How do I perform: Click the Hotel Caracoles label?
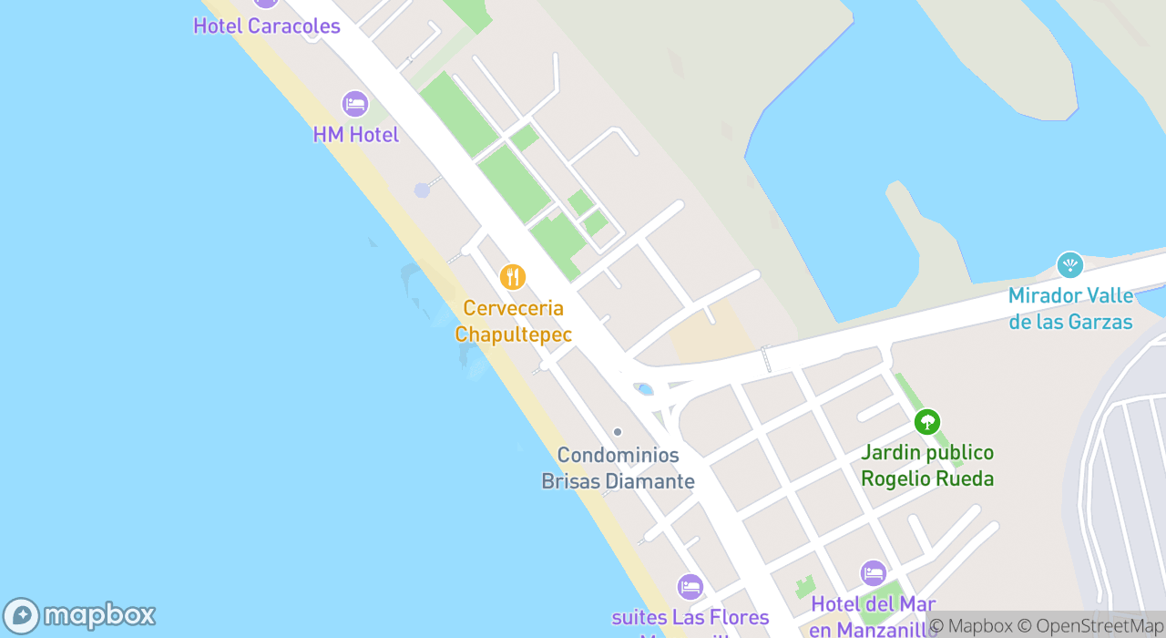pyautogui.click(x=266, y=26)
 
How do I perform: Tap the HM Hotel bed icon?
pyautogui.click(x=355, y=104)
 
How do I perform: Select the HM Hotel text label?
pyautogui.click(x=355, y=135)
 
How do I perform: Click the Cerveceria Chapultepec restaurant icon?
pyautogui.click(x=513, y=276)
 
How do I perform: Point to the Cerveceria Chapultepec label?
pyautogui.click(x=513, y=322)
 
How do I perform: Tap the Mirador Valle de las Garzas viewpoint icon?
pyautogui.click(x=1069, y=265)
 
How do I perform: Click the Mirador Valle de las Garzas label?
pyautogui.click(x=1070, y=309)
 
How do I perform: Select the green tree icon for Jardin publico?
pyautogui.click(x=927, y=422)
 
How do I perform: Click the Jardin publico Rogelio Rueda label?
pyautogui.click(x=927, y=466)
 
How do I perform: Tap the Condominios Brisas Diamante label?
pyautogui.click(x=618, y=468)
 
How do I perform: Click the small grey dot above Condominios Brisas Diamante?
pyautogui.click(x=618, y=432)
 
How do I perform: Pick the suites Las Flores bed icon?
pyautogui.click(x=690, y=587)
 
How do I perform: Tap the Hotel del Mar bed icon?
pyautogui.click(x=873, y=573)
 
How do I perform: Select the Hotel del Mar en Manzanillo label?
pyautogui.click(x=873, y=615)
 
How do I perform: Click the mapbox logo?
pyautogui.click(x=80, y=615)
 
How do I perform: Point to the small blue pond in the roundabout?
pyautogui.click(x=645, y=390)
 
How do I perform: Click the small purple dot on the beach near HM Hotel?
pyautogui.click(x=422, y=190)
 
